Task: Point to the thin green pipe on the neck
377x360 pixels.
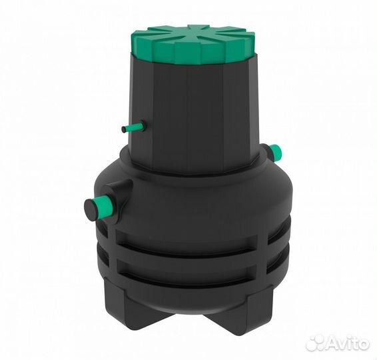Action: (133, 126)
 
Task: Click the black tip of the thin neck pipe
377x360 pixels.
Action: (124, 129)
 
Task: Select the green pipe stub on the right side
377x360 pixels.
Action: (276, 151)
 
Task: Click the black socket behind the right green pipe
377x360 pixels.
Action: (266, 151)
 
